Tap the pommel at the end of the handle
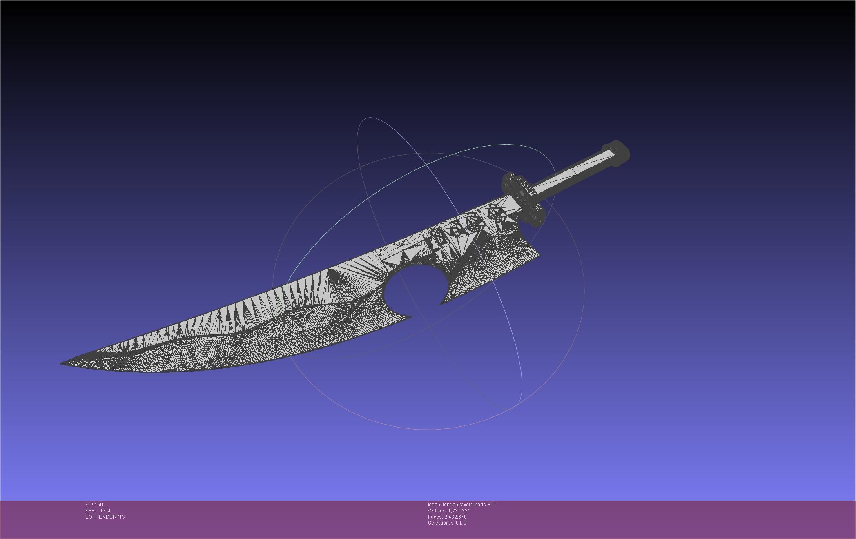[x=616, y=153]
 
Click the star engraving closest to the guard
[x=497, y=213]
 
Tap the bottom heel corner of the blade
[x=539, y=255]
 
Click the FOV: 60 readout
[x=94, y=505]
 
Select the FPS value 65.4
[x=105, y=511]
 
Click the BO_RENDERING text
[x=105, y=517]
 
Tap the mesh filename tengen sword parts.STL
[x=469, y=505]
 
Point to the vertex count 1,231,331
[x=459, y=511]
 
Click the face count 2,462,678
[x=455, y=517]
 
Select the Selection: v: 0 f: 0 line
[x=447, y=523]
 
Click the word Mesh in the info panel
[x=434, y=505]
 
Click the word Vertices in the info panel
[x=437, y=511]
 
